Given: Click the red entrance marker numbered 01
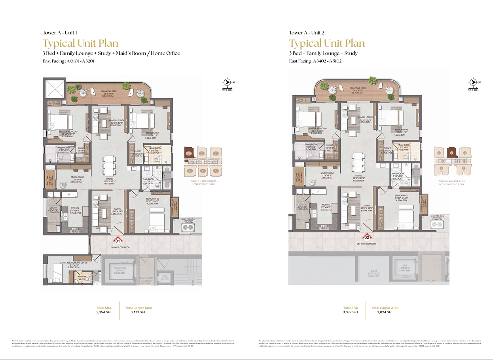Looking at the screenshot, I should (118, 240).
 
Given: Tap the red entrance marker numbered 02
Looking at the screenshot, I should (367, 237).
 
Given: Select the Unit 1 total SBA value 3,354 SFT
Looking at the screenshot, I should (104, 312).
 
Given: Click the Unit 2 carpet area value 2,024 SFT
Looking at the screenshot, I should (385, 312).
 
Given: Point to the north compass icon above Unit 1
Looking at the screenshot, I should (227, 82).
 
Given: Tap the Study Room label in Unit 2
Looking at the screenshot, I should (327, 173).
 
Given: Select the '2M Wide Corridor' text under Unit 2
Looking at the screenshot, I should (366, 244).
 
